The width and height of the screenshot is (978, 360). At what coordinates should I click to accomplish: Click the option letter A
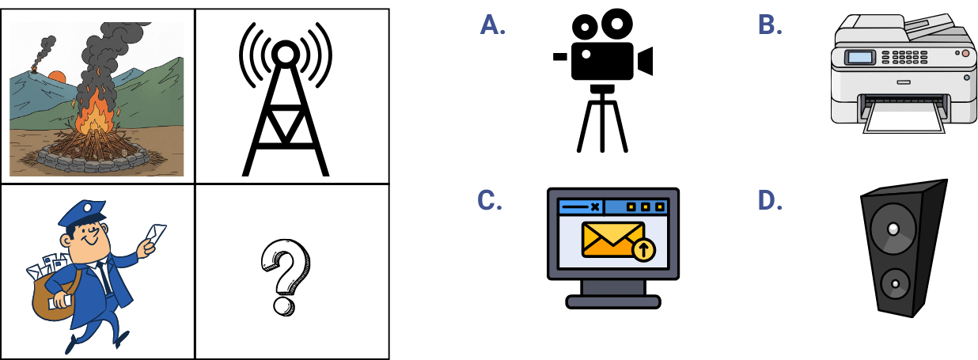492,25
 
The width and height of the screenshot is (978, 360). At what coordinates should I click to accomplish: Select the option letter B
769,25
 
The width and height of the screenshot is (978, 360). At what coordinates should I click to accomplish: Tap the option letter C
491,201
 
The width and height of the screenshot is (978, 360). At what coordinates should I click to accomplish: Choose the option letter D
770,201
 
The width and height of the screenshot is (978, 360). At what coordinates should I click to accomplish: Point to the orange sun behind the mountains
57,78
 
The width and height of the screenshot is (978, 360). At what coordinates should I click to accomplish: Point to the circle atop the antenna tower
285,54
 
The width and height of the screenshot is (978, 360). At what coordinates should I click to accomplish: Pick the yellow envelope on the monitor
608,239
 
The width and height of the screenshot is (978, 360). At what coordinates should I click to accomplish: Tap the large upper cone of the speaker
893,229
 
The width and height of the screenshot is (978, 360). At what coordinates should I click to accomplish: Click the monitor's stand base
613,301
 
